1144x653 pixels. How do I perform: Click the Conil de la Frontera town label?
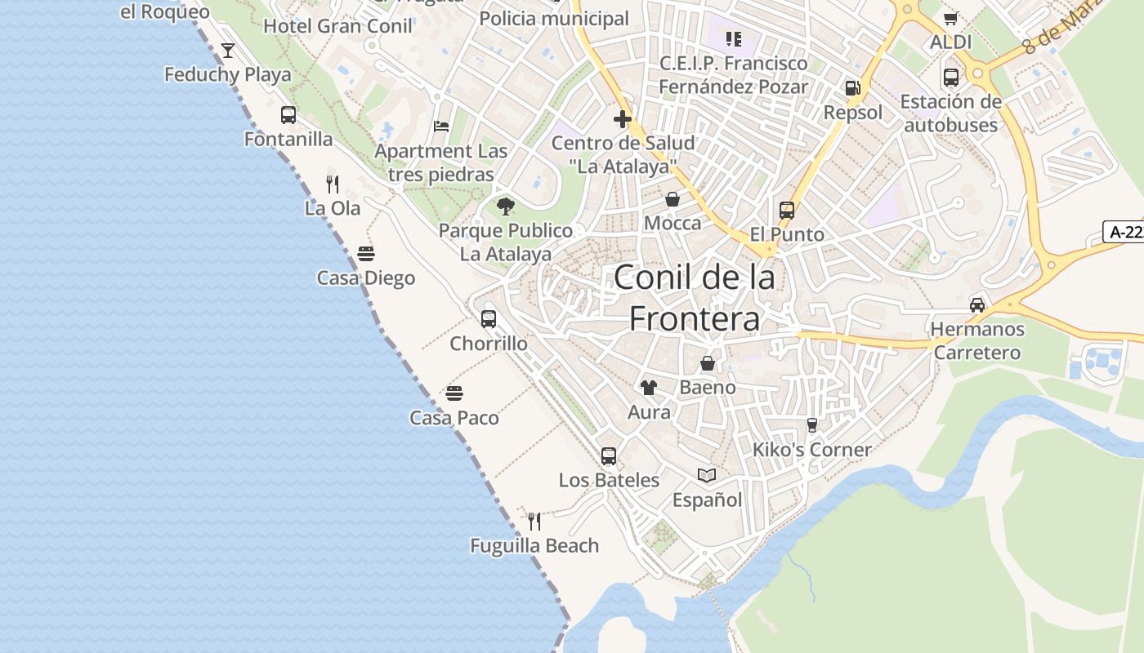pos(694,298)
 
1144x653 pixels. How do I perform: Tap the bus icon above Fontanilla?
pos(288,115)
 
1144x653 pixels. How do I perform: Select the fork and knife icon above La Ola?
pos(333,184)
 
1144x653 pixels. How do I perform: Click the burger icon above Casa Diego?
pos(366,254)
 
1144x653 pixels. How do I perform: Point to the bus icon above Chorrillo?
pos(489,319)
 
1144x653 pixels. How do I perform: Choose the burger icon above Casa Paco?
pos(454,394)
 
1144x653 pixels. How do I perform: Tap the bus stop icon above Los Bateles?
pos(609,456)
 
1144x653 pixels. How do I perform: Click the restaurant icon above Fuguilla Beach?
pos(534,521)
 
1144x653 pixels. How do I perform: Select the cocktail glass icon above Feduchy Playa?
pos(228,51)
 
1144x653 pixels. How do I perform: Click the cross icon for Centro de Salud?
pos(623,120)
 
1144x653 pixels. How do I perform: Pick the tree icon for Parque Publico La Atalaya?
pos(506,206)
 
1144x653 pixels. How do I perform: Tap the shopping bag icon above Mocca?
pos(673,199)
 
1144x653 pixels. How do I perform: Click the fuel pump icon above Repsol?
pos(852,88)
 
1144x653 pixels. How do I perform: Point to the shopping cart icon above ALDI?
pos(950,18)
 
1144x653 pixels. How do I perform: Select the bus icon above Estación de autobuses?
pos(951,78)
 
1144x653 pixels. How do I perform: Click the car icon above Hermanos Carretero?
pos(977,305)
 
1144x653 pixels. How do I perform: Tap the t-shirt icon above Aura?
pos(649,388)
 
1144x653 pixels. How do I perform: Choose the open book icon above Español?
pos(707,475)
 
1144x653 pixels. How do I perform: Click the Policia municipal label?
pos(554,18)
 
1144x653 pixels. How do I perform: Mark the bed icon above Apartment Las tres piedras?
pos(441,127)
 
